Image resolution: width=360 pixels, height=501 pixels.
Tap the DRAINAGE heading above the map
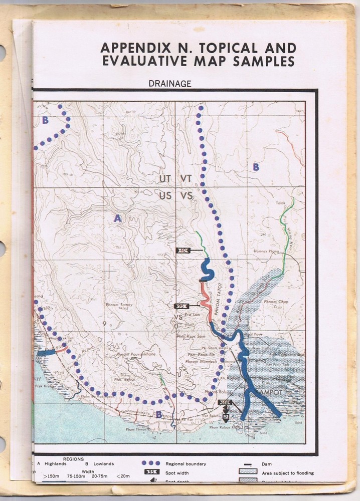click(x=169, y=84)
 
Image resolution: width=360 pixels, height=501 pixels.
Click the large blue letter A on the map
click(x=118, y=218)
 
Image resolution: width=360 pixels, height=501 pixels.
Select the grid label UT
click(x=165, y=178)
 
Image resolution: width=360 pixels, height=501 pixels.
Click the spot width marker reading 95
click(x=181, y=306)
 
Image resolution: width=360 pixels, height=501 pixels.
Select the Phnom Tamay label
click(x=115, y=305)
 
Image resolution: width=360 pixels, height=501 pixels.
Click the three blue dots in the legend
click(x=150, y=463)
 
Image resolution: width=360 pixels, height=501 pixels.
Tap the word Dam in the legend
click(x=267, y=464)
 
